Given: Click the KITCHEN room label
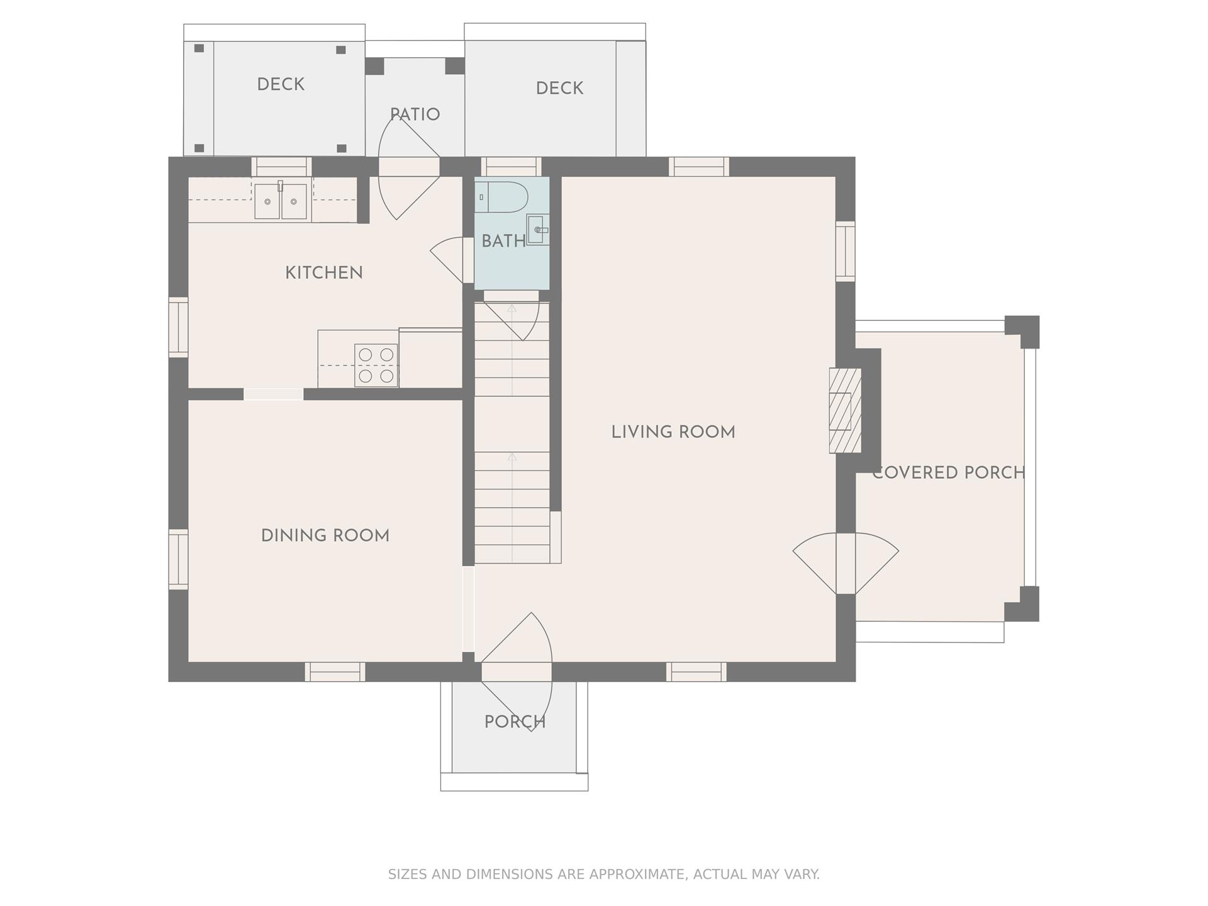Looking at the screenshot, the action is click(x=324, y=273).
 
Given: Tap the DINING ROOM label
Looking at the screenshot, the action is click(x=325, y=536).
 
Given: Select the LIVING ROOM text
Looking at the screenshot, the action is click(x=673, y=432).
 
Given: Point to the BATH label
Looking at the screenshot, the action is click(x=503, y=241).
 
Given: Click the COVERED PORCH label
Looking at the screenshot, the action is click(x=949, y=473).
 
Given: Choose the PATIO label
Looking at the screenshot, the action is click(x=415, y=115).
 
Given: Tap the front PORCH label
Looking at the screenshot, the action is click(x=515, y=722).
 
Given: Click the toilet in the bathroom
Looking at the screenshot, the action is click(x=501, y=197).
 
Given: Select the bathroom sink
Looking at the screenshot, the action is click(x=538, y=230).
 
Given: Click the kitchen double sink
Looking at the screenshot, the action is click(x=281, y=201).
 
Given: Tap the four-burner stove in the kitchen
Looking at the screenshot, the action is click(x=376, y=365).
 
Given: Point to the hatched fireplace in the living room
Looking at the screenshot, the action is click(x=845, y=410).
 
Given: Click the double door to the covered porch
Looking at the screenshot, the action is click(x=846, y=563).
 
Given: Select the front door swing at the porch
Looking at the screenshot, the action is click(x=517, y=671).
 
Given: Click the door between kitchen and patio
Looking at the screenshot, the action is click(x=409, y=168).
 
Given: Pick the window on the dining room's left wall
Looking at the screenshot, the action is click(x=179, y=559).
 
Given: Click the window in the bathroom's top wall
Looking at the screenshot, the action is click(x=512, y=167).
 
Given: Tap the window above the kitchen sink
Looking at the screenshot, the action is click(x=282, y=167).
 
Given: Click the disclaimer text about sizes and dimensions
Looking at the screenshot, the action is click(x=604, y=875).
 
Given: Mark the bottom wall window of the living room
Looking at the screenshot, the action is click(x=696, y=672).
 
